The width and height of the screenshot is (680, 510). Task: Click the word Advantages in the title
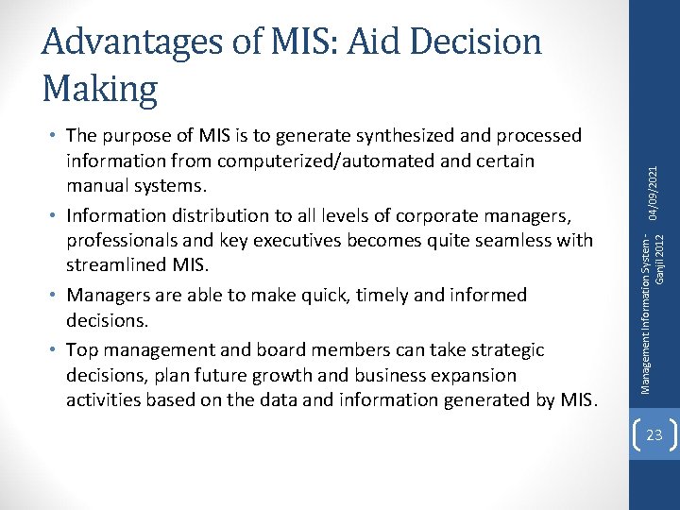coord(146,42)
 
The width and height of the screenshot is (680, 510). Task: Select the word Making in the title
coord(100,89)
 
